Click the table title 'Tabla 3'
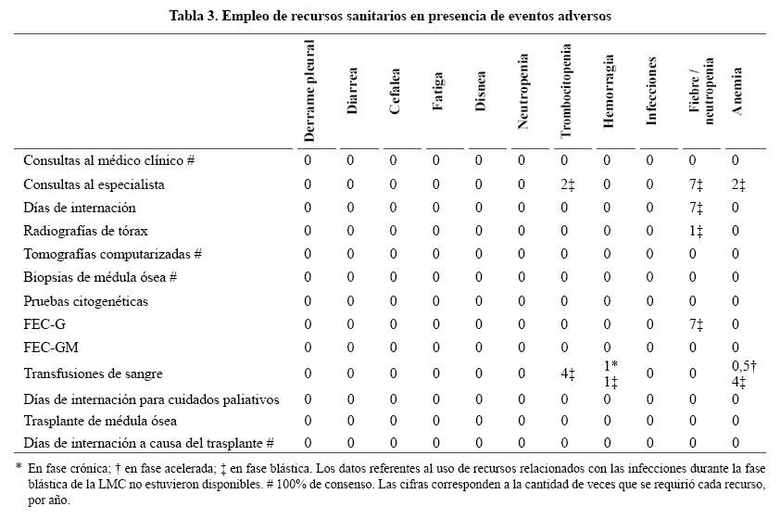pyautogui.click(x=193, y=16)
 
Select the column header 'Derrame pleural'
pyautogui.click(x=309, y=91)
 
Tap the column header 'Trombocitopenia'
pyautogui.click(x=566, y=91)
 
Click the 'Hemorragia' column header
pyautogui.click(x=609, y=91)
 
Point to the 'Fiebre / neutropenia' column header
pyautogui.click(x=701, y=91)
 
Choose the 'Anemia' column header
pyautogui.click(x=736, y=91)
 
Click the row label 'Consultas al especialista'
pyautogui.click(x=94, y=184)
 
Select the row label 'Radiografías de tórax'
pyautogui.click(x=85, y=231)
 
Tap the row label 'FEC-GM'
pyautogui.click(x=51, y=347)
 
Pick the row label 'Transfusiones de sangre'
pyautogui.click(x=93, y=373)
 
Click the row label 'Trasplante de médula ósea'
pyautogui.click(x=100, y=421)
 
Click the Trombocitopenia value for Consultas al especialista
pyautogui.click(x=567, y=185)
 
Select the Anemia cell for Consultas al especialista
pyautogui.click(x=738, y=185)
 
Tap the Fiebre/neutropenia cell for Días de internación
pyautogui.click(x=696, y=208)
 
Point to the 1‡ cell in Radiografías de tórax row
pyautogui.click(x=696, y=232)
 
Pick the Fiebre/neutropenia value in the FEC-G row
pyautogui.click(x=696, y=325)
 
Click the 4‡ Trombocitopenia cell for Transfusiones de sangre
pyautogui.click(x=567, y=373)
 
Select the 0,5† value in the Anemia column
pyautogui.click(x=744, y=366)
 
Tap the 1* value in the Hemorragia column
pyautogui.click(x=610, y=366)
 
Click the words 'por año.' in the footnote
pyautogui.click(x=49, y=500)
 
